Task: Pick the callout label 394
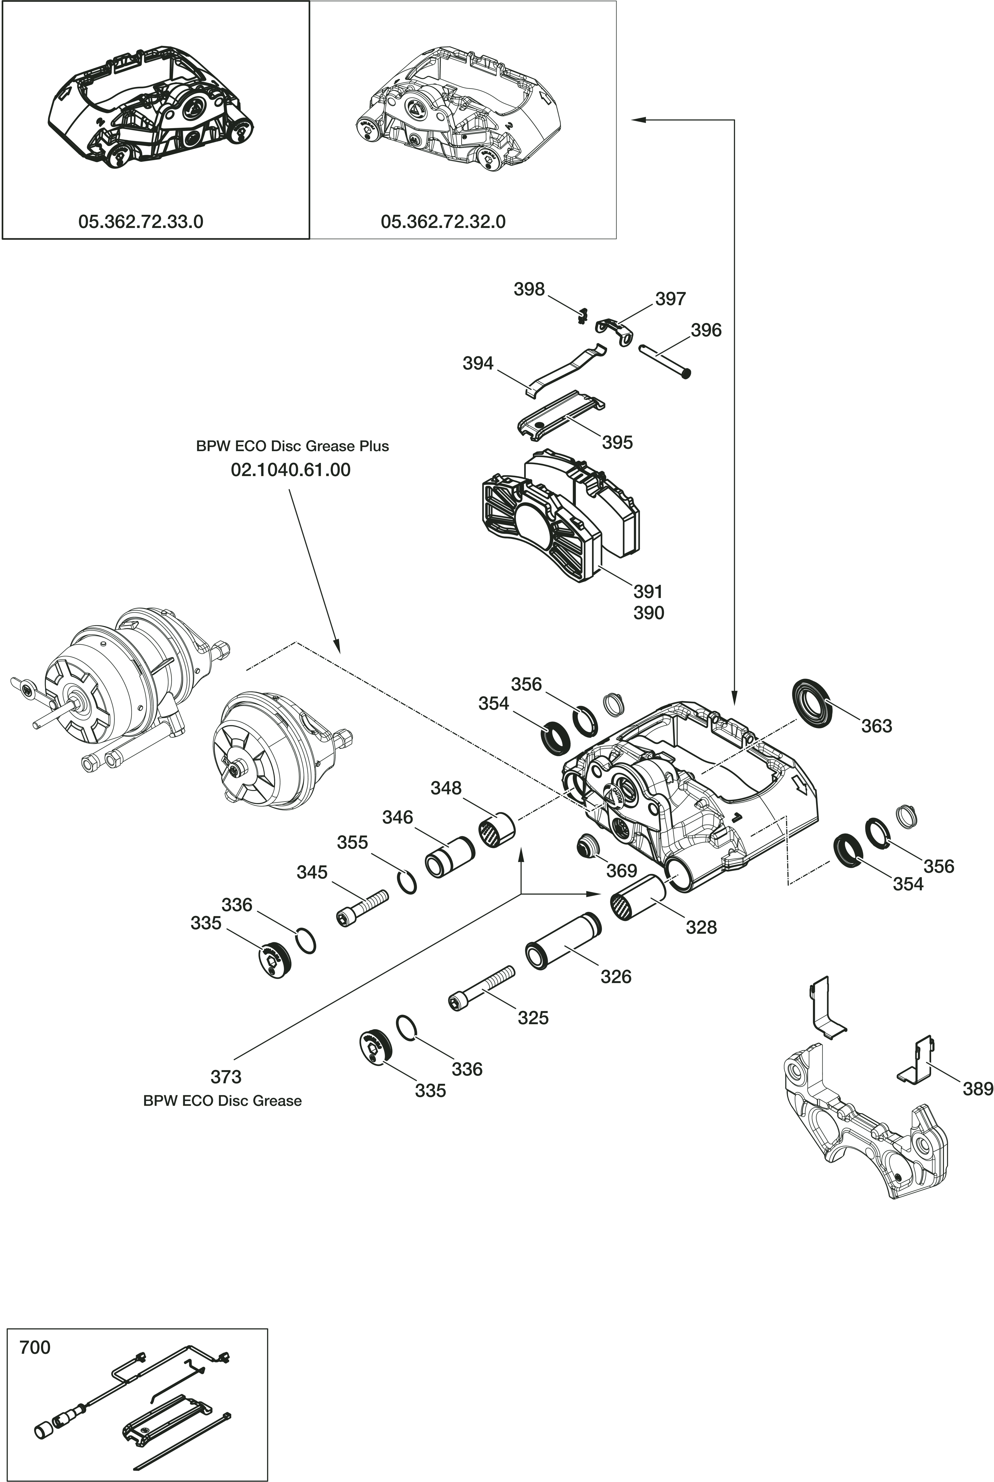click(478, 364)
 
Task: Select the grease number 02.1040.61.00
click(291, 470)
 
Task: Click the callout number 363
click(876, 726)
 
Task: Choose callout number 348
click(446, 788)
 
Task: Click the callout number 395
click(617, 442)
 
